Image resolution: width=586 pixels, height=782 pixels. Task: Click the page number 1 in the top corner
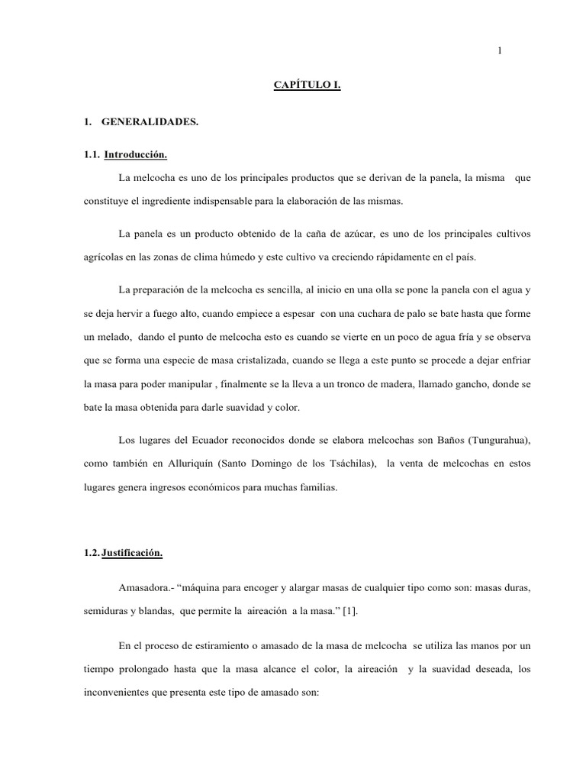point(499,50)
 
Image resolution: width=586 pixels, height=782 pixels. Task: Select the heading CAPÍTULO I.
point(307,87)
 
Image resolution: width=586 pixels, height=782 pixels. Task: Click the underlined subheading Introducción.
point(135,155)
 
